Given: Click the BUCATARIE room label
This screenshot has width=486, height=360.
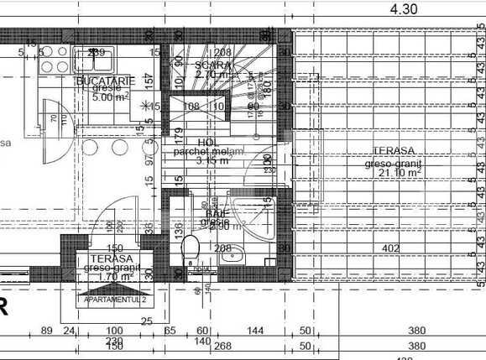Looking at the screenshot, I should pyautogui.click(x=105, y=80).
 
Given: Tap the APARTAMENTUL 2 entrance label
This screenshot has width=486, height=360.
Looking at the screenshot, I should pyautogui.click(x=114, y=299).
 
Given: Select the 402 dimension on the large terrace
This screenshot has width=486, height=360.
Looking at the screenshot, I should pyautogui.click(x=389, y=248).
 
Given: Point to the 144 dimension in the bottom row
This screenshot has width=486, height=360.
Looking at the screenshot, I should pyautogui.click(x=255, y=331).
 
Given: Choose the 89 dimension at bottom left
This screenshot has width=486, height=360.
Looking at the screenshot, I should pyautogui.click(x=47, y=331).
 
